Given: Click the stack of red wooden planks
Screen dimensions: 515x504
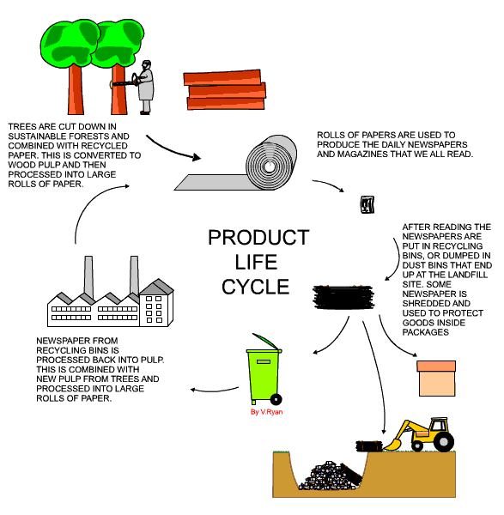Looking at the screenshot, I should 226,89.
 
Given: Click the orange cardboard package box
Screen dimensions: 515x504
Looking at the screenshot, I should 436,378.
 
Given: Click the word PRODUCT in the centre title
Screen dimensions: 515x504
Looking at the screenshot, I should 258,238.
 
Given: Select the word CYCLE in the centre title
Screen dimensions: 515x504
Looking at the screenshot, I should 258,286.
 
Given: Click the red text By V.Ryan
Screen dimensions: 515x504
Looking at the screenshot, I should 265,413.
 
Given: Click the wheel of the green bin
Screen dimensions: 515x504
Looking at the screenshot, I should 276,398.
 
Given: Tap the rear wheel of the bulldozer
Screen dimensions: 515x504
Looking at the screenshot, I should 443,441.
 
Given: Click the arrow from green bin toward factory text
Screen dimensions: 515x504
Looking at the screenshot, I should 213,391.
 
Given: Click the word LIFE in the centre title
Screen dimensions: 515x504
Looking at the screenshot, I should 258,262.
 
